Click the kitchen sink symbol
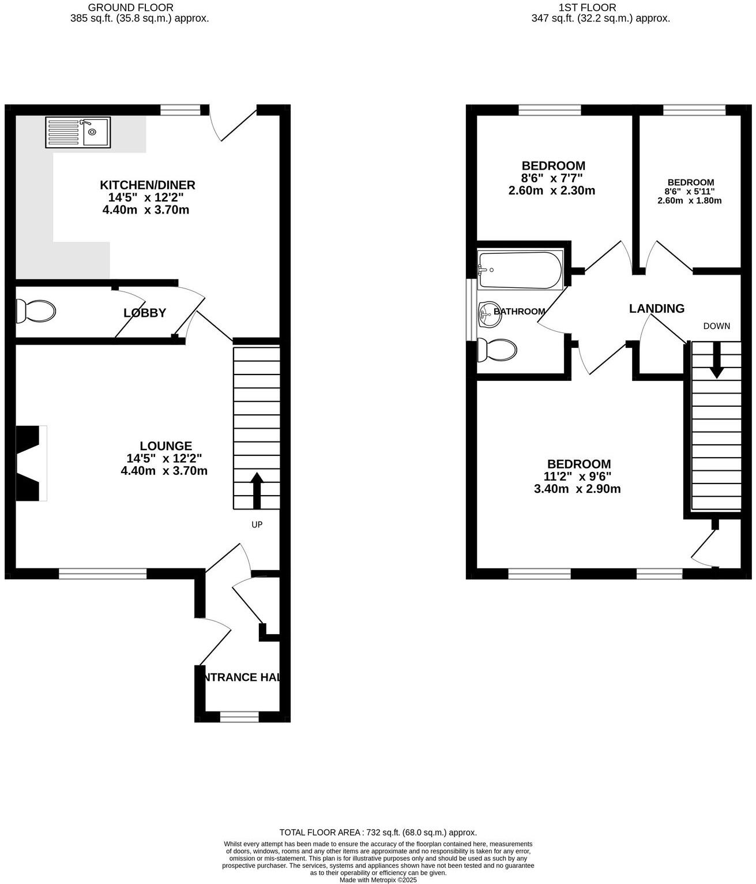coord(78,133)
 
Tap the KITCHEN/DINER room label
coord(148,185)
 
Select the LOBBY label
coord(145,313)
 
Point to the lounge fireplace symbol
coord(31,463)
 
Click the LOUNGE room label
coord(166,446)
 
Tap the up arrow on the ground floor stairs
coord(257,490)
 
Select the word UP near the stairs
coord(257,525)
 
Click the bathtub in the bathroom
coord(520,270)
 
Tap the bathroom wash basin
coord(489,312)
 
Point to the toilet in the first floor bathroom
coord(498,350)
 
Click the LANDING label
coord(656,309)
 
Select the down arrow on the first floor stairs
coord(716,361)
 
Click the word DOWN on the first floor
coord(716,326)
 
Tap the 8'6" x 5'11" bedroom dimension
coord(689,192)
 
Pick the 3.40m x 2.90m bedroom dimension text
coord(577,489)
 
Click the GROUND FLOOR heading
coord(130,8)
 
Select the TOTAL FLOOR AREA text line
coord(378,833)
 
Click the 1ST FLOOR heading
coord(587,8)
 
